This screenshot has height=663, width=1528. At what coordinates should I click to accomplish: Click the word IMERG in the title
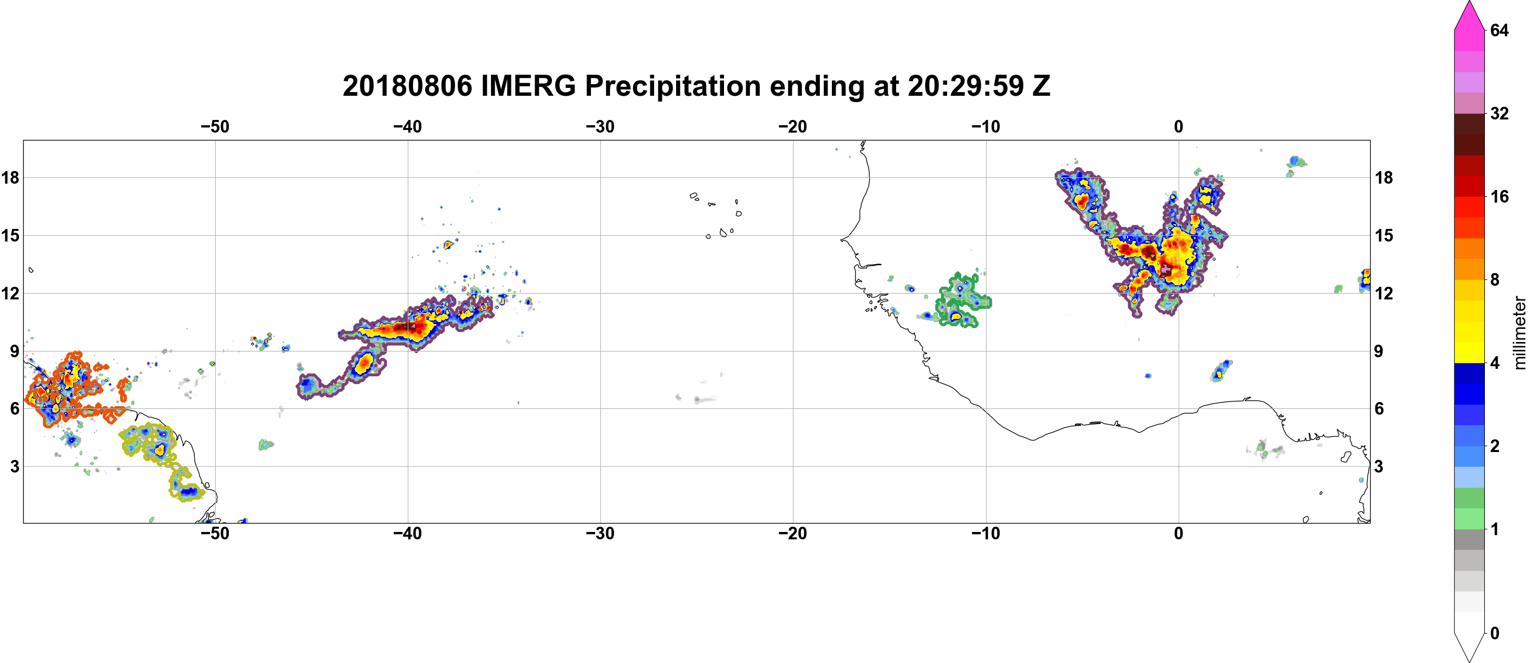[528, 86]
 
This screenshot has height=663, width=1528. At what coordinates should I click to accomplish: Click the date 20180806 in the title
[407, 86]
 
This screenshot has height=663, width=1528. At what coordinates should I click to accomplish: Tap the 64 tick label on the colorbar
[1499, 30]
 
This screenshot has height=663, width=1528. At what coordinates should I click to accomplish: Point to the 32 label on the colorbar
[1499, 113]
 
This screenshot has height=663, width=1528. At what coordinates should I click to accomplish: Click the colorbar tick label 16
[1499, 197]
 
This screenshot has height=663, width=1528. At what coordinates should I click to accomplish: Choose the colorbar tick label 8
[1495, 280]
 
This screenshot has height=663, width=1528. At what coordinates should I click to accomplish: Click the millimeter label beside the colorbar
[1520, 333]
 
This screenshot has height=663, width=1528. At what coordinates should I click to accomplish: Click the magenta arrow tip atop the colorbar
[1469, 3]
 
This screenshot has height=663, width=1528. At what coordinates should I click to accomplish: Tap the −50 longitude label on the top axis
[215, 127]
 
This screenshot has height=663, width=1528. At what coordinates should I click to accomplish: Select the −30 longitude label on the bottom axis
[600, 534]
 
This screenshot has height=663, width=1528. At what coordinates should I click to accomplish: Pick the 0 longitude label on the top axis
[1179, 127]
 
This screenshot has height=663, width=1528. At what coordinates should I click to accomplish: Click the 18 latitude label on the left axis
[10, 177]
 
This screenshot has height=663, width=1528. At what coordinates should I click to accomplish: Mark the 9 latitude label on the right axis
[1379, 351]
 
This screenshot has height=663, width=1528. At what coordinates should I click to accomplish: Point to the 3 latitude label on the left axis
[14, 467]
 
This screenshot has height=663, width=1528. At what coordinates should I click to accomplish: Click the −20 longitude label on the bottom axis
[793, 534]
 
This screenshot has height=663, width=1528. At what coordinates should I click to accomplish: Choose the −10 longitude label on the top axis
[986, 127]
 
